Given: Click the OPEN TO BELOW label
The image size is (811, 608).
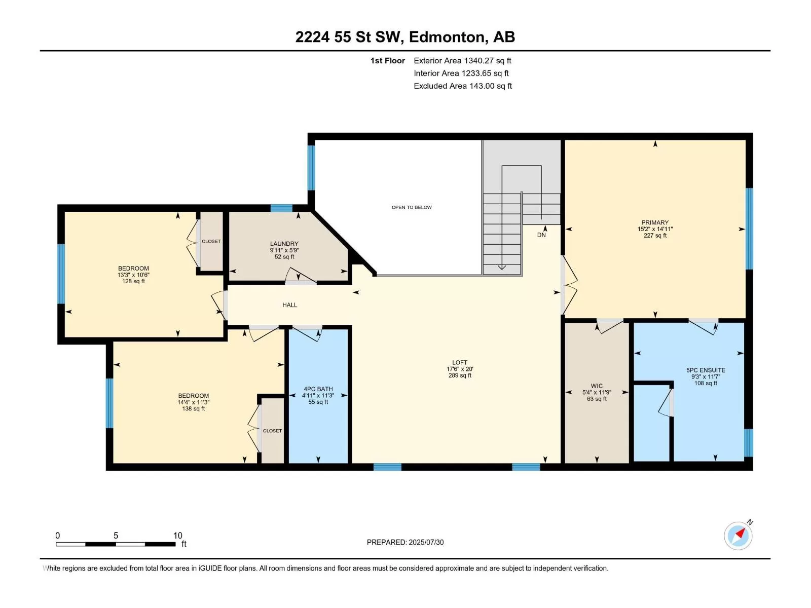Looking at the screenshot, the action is (411, 207).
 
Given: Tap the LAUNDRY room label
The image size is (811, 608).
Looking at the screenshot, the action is (284, 244).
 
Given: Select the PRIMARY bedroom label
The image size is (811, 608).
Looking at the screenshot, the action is (655, 222).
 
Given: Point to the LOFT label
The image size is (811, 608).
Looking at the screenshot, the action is (459, 362).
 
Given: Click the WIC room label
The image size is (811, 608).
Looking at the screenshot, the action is (596, 386).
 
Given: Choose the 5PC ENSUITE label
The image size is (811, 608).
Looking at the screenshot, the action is (706, 370).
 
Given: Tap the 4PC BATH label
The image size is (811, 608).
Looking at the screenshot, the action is (318, 389).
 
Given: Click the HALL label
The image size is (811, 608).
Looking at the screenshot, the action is (289, 305).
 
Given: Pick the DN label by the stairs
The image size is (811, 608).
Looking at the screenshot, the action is (541, 235).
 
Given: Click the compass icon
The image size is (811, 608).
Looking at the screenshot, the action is (738, 536).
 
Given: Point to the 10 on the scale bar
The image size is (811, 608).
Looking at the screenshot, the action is (178, 535).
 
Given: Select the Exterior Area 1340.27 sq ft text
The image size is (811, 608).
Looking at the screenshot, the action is (462, 60).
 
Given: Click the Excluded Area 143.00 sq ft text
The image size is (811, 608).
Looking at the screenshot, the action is (463, 86).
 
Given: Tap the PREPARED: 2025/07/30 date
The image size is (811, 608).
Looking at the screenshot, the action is (405, 542).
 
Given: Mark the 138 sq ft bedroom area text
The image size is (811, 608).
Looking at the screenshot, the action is (193, 409).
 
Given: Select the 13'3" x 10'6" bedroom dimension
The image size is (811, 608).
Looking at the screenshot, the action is (133, 275).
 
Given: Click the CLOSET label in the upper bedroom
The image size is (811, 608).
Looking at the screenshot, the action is (211, 242).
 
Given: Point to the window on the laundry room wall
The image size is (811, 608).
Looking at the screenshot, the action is (281, 208).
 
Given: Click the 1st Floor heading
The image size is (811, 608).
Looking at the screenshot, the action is (388, 60).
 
